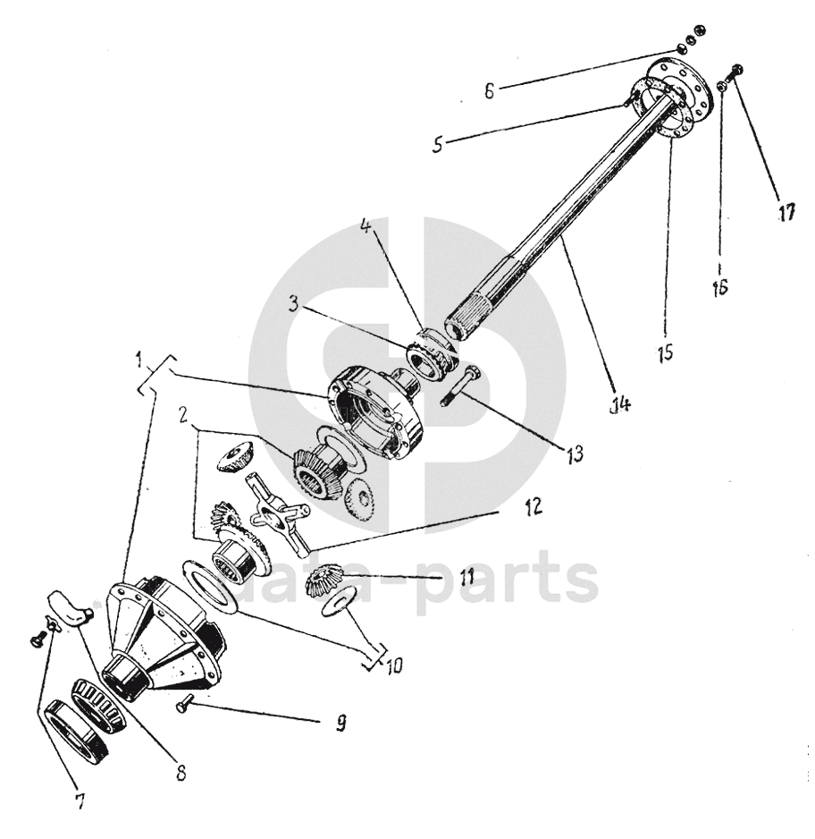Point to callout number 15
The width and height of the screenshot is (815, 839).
pyautogui.click(x=665, y=349)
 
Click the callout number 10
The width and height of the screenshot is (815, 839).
pyautogui.click(x=392, y=665)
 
